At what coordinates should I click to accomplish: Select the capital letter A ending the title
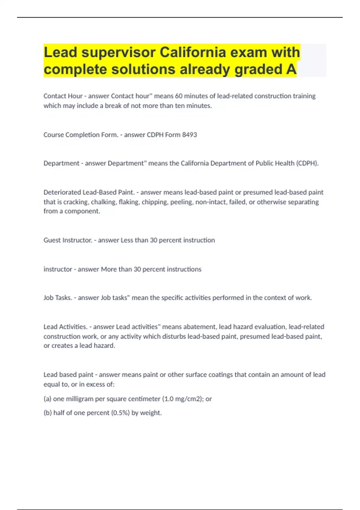point(291,69)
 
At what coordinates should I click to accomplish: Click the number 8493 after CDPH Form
point(189,135)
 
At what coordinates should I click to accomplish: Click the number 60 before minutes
point(178,96)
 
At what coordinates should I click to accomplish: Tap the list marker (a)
point(47,399)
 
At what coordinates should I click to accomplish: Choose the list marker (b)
point(47,413)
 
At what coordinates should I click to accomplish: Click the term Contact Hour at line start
point(63,96)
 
